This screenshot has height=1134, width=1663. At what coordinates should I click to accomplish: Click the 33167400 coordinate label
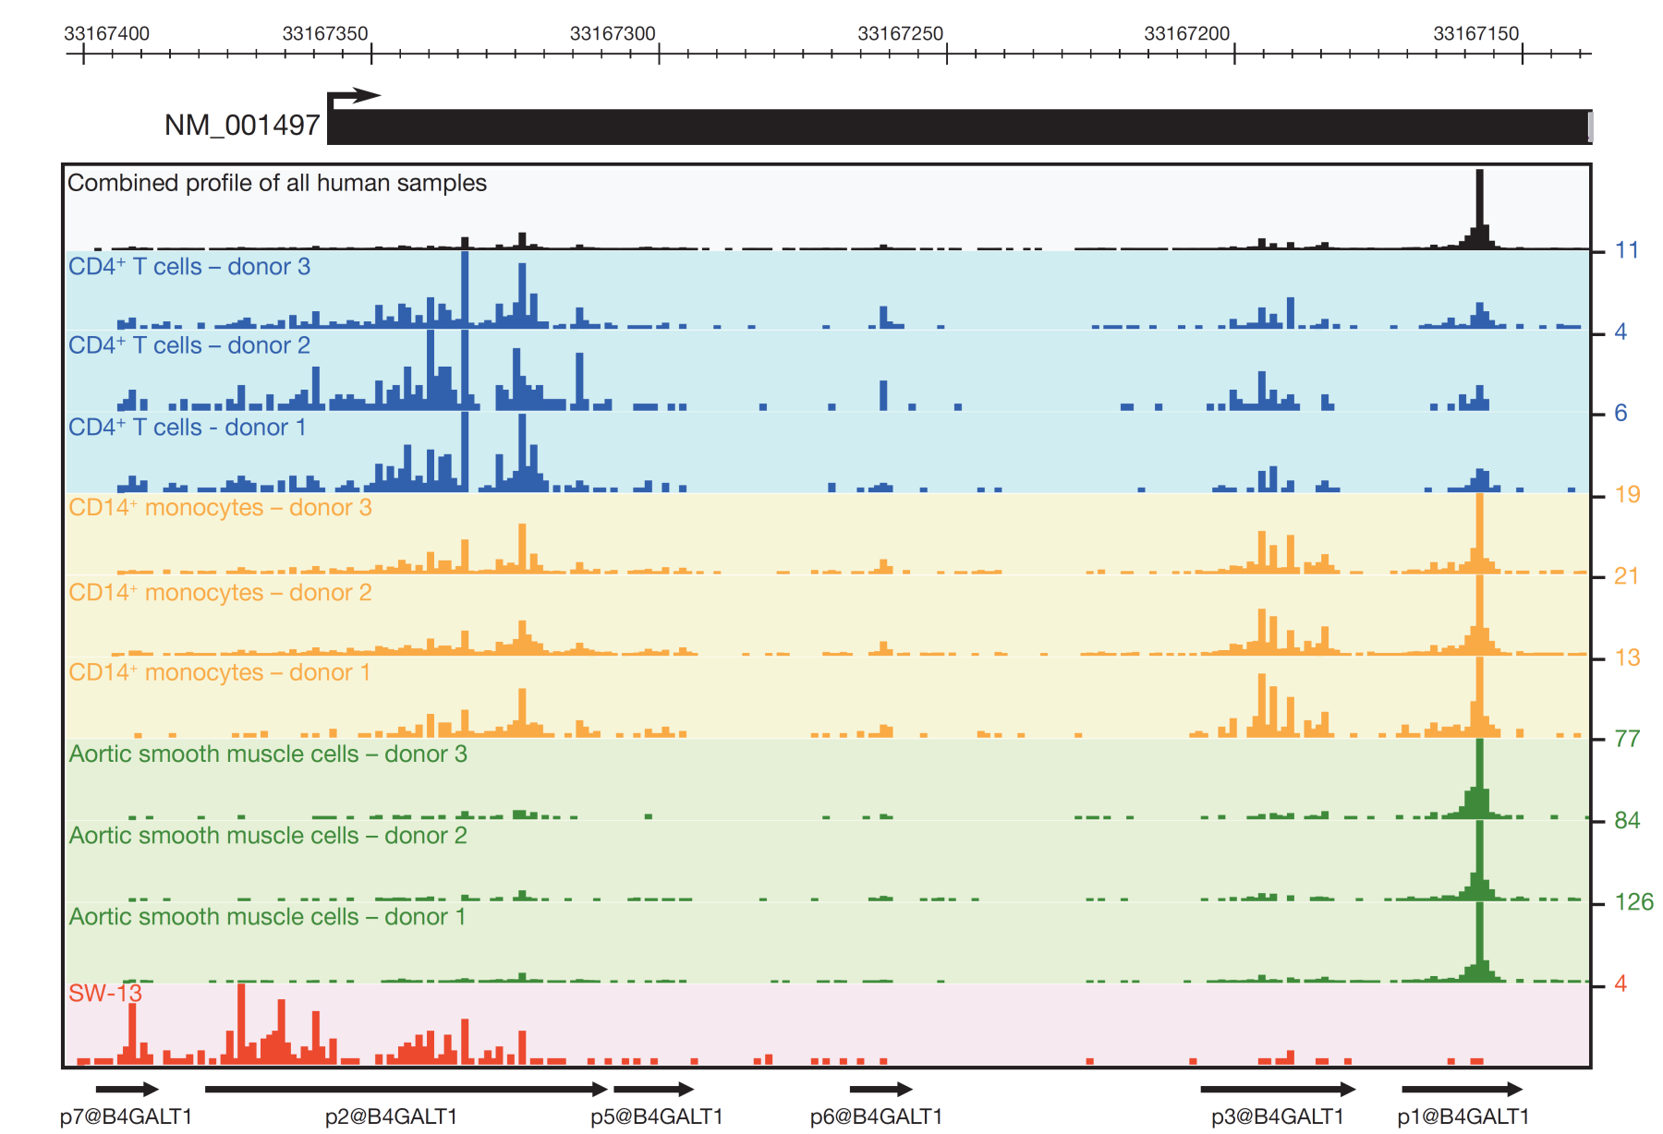pyautogui.click(x=106, y=34)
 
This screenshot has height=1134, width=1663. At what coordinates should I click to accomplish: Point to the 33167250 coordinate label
pyautogui.click(x=900, y=34)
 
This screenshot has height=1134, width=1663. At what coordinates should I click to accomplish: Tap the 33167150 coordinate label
pyautogui.click(x=1475, y=34)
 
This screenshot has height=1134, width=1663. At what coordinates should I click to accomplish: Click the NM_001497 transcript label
pyautogui.click(x=242, y=125)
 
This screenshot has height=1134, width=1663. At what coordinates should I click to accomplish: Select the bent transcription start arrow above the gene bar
pyautogui.click(x=353, y=96)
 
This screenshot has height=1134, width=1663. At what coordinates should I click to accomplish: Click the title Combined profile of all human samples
pyautogui.click(x=277, y=183)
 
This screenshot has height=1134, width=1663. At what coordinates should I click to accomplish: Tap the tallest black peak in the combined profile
pyautogui.click(x=1479, y=208)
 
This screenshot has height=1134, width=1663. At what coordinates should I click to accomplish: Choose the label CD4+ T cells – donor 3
pyautogui.click(x=189, y=267)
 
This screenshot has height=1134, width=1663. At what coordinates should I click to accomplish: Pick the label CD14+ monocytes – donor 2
pyautogui.click(x=220, y=592)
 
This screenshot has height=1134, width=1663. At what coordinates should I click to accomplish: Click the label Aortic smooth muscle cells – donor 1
pyautogui.click(x=267, y=916)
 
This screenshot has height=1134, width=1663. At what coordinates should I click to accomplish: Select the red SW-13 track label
pyautogui.click(x=105, y=994)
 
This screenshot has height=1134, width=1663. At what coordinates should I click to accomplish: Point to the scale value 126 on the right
pyautogui.click(x=1633, y=902)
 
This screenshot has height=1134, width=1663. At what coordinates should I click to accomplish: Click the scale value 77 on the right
pyautogui.click(x=1627, y=739)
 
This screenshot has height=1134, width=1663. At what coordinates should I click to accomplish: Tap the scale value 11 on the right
pyautogui.click(x=1626, y=250)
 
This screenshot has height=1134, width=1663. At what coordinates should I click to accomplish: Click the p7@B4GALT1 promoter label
pyautogui.click(x=126, y=1116)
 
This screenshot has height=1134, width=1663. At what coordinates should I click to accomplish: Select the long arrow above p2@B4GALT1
pyautogui.click(x=406, y=1090)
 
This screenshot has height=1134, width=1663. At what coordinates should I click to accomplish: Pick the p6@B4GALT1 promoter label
pyautogui.click(x=876, y=1116)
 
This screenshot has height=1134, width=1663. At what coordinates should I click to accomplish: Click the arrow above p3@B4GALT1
pyautogui.click(x=1278, y=1090)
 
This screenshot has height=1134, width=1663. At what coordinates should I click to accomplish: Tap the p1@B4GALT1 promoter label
pyautogui.click(x=1463, y=1116)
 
